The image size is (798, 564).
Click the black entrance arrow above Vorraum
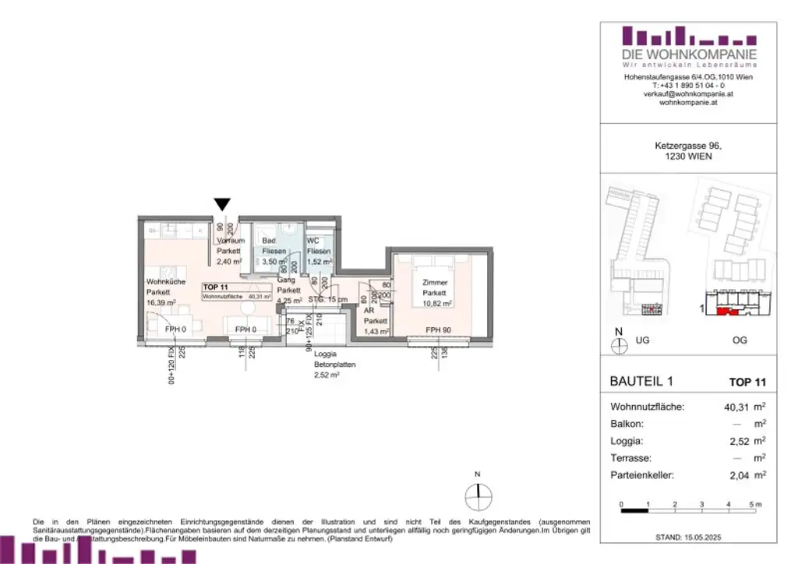pos(222,204)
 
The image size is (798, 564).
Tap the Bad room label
pos(269,241)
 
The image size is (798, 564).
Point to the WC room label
pos(313,241)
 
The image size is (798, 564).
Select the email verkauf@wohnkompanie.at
pos(688,93)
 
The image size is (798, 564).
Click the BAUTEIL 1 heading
pos(639,381)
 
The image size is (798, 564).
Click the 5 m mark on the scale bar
pos(753,506)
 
